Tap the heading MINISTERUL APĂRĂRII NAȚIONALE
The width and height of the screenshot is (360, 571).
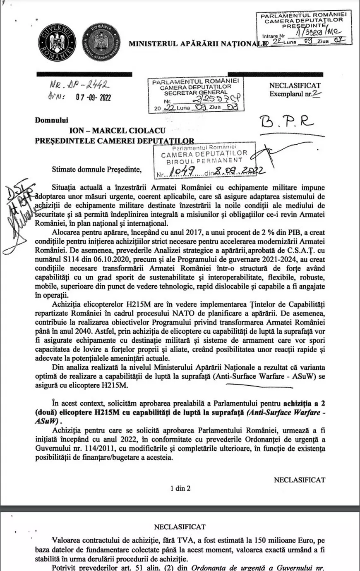pyautogui.click(x=197, y=43)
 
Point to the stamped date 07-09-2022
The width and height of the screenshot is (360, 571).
pyautogui.click(x=93, y=98)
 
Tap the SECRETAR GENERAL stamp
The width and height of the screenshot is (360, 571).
pyautogui.click(x=195, y=93)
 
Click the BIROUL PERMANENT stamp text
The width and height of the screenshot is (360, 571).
pyautogui.click(x=204, y=160)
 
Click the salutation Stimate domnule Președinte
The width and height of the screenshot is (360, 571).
pyautogui.click(x=96, y=169)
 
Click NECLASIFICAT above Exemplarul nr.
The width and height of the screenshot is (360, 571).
pyautogui.click(x=295, y=86)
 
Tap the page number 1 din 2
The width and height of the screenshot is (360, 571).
pyautogui.click(x=180, y=488)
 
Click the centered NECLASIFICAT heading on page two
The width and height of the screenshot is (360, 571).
pyautogui.click(x=180, y=527)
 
